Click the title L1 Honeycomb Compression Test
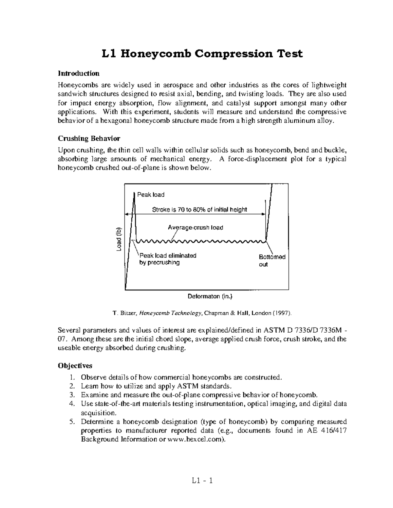(201, 53)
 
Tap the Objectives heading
(75, 365)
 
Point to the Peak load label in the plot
(151, 195)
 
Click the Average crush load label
(196, 227)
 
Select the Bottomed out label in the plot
(272, 260)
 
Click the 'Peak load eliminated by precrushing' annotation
(168, 259)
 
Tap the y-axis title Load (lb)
(119, 240)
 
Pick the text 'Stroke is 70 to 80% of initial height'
(199, 210)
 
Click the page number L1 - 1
(202, 481)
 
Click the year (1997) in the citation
(282, 313)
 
